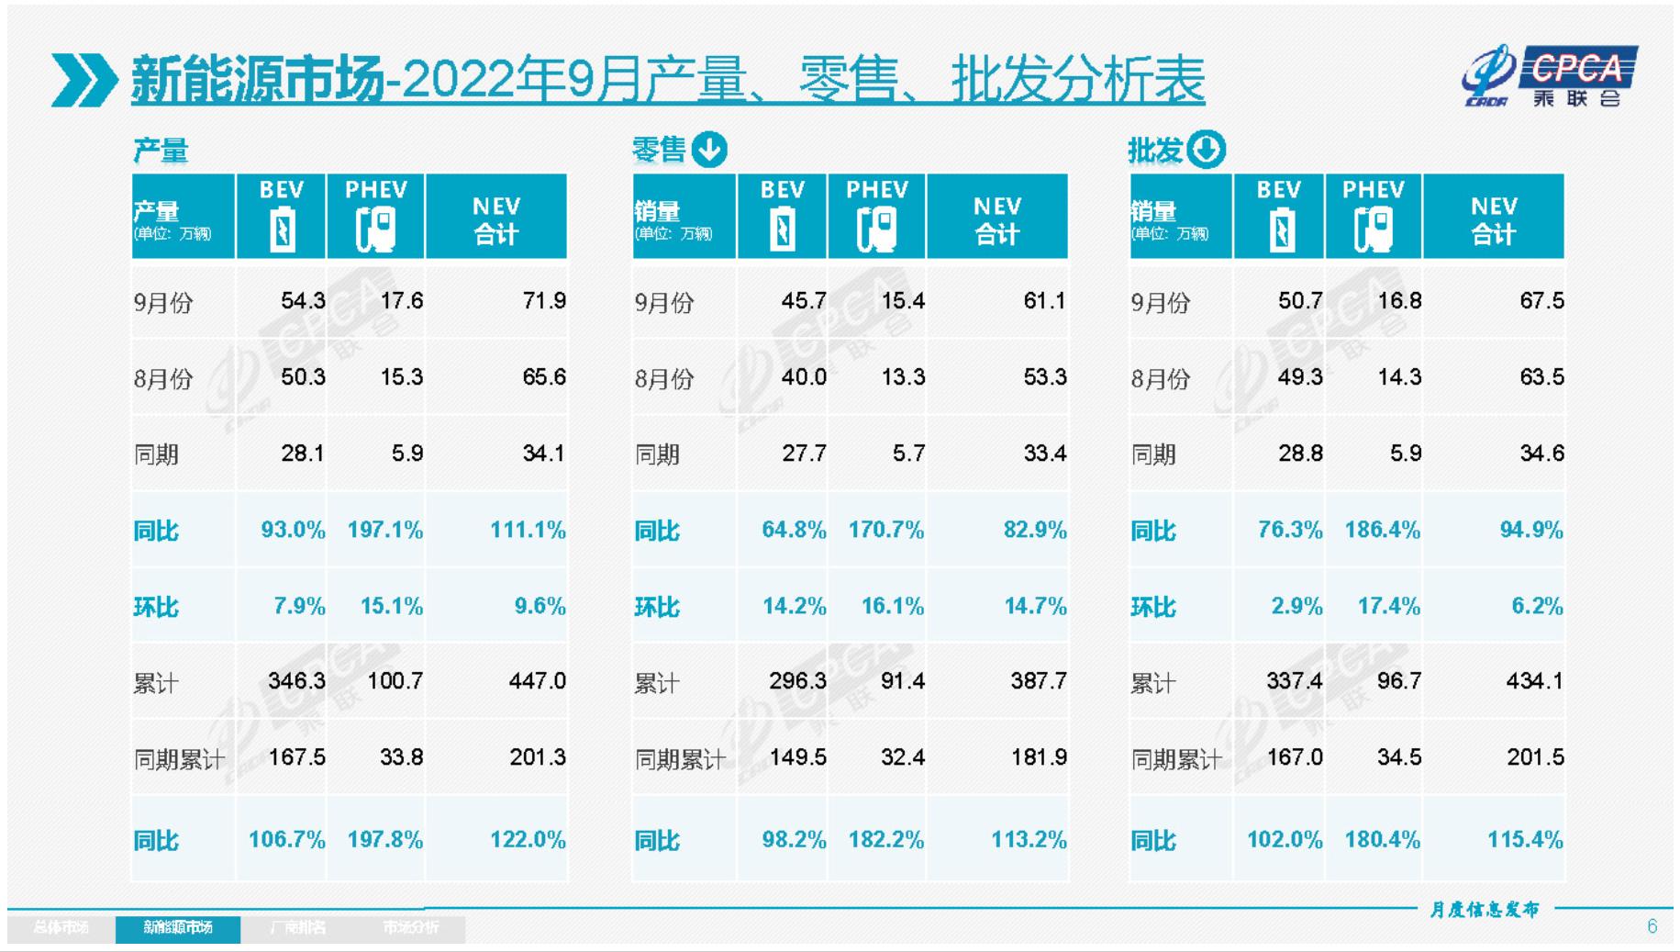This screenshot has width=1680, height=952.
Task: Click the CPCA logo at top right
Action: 1551,76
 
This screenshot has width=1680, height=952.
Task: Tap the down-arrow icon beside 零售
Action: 709,149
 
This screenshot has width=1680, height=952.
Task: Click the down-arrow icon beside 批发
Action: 1206,149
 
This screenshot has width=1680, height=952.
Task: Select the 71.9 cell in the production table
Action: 543,301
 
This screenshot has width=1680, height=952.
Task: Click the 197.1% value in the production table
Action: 384,530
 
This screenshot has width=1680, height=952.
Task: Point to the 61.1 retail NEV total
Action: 1044,301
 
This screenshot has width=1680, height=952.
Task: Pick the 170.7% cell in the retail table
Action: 885,530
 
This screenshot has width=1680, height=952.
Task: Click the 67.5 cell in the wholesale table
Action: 1541,301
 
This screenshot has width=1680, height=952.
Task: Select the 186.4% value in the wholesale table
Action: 1382,530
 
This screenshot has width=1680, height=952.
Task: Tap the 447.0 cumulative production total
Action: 537,681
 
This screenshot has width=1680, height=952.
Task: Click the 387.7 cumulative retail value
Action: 1038,681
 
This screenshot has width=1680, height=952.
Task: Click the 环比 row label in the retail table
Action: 657,607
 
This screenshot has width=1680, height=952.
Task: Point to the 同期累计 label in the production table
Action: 179,759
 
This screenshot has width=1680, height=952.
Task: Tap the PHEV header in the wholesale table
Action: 1373,190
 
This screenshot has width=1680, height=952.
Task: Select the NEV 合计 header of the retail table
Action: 996,219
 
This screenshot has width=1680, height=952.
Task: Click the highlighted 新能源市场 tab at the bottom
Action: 178,928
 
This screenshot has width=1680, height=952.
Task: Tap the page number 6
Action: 1652,926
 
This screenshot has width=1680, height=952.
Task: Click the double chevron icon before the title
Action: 83,80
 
